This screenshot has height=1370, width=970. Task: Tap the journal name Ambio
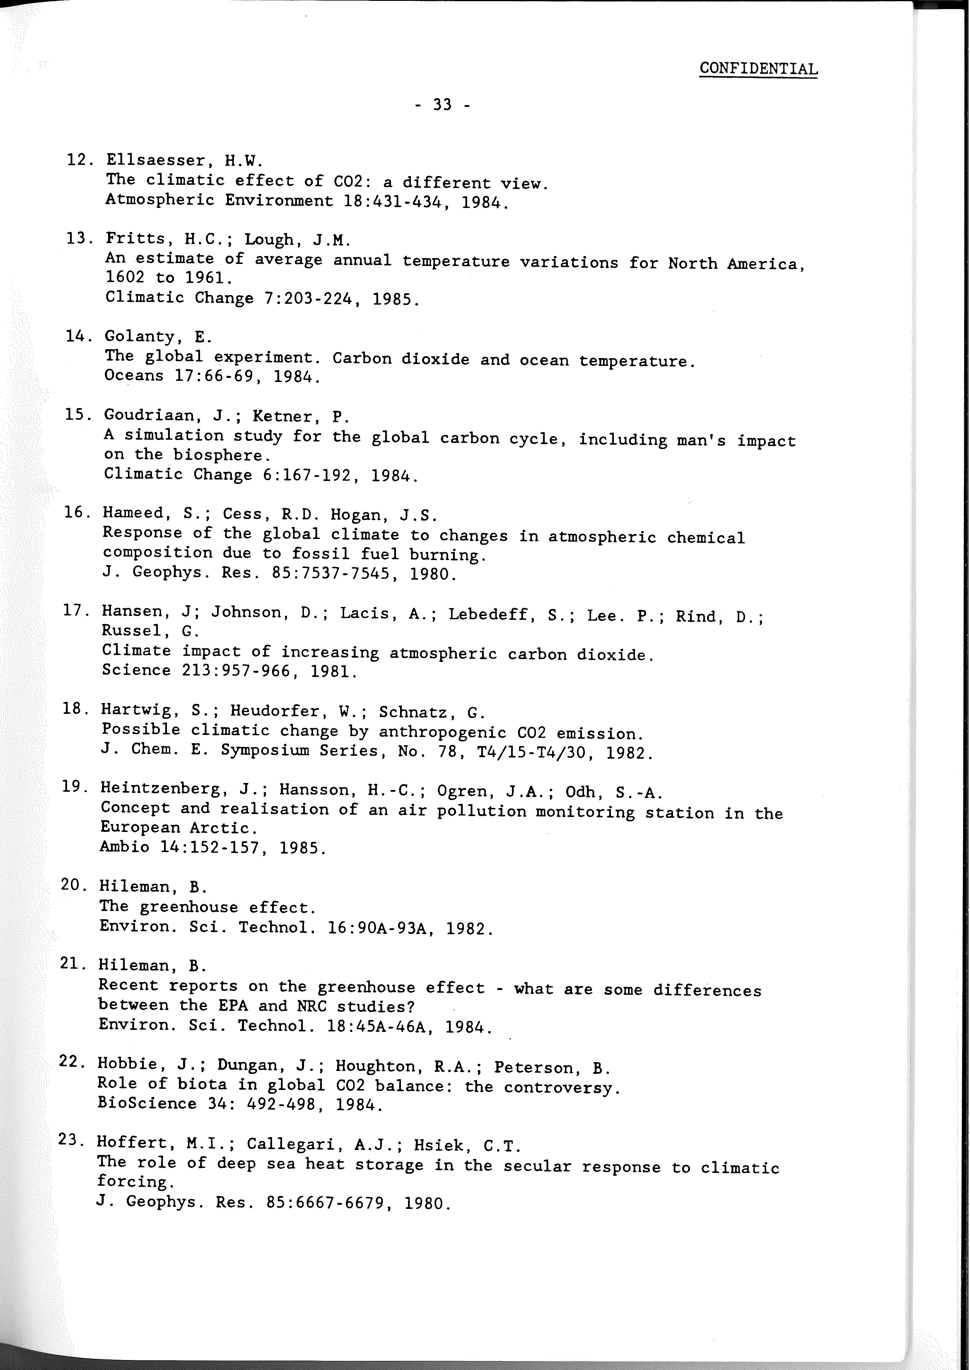(124, 847)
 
